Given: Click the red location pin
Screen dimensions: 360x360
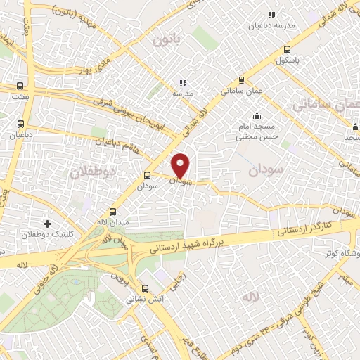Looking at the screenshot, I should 181,166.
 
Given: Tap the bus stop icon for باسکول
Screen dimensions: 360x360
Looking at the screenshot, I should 287,49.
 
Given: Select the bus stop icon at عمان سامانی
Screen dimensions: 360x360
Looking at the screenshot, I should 241,80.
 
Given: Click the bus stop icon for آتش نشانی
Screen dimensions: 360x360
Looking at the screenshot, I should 145,288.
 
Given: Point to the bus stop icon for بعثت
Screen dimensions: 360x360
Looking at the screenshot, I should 19,87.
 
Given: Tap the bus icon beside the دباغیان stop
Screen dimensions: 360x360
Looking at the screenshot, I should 19,121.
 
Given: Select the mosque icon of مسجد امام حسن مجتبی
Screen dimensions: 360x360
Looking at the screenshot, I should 256,116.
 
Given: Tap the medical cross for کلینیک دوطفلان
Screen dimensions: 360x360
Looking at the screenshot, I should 47,224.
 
